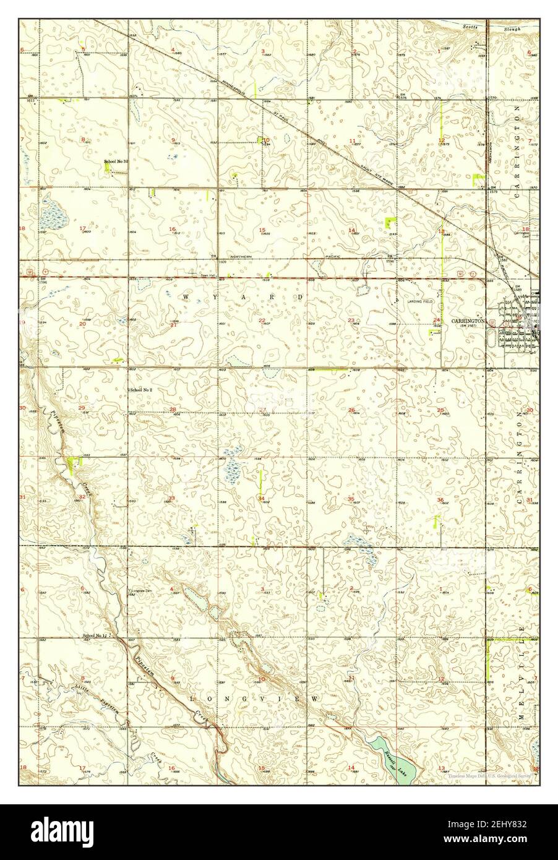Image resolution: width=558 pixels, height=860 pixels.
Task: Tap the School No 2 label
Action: [x=141, y=390]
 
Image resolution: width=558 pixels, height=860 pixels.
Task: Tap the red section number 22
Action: [x=262, y=320]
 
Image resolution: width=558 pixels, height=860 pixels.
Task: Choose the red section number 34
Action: [x=262, y=498]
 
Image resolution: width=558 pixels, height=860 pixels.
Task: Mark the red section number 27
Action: [x=262, y=409]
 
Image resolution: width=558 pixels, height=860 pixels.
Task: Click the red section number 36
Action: [x=440, y=499]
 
